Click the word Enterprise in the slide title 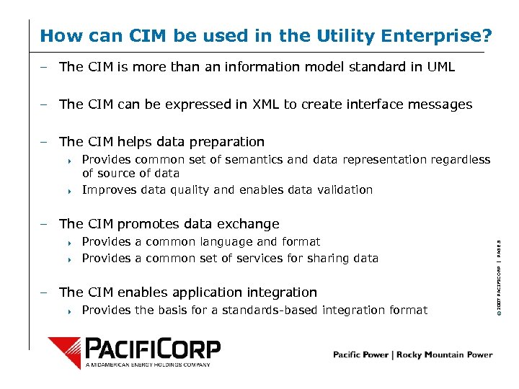pos(448,35)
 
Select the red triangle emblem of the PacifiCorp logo pos(66,352)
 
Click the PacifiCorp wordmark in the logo pos(152,349)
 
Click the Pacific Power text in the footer pos(360,354)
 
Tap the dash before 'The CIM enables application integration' pos(45,292)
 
